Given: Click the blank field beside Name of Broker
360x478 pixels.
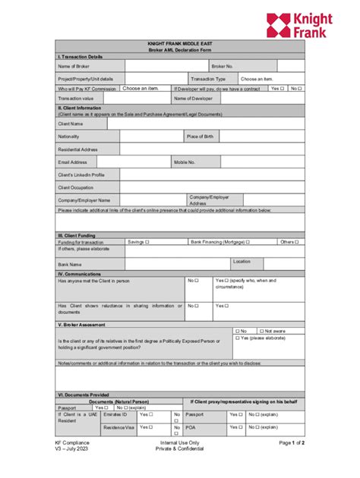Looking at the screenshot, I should (x=156, y=66).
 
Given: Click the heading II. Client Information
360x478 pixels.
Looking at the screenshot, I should (x=81, y=108).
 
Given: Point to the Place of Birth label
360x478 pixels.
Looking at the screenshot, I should (x=201, y=137).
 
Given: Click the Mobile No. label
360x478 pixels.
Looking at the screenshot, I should (x=185, y=162).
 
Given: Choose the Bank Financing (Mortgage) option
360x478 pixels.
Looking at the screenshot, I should (x=219, y=242).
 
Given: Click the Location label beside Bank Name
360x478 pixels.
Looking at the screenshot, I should (x=242, y=262).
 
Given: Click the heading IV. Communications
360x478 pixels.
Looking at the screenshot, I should (x=79, y=273).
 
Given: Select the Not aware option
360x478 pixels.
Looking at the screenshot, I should (x=271, y=331).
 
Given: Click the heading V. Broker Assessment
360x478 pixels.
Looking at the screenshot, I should (x=81, y=325).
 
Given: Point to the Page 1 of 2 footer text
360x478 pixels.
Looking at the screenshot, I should (x=292, y=442).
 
